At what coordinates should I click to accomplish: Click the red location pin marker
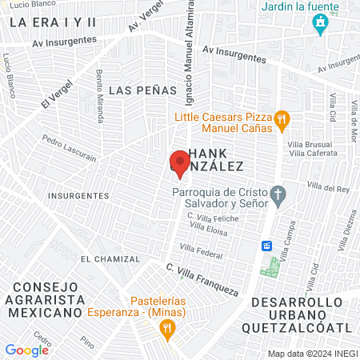coord(178,163)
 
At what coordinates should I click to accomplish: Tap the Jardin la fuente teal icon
coord(321,24)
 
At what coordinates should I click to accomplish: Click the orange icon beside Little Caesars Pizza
coord(281,120)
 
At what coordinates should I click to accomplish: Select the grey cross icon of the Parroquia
coord(278,194)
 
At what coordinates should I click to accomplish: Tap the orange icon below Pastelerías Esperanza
coord(166,326)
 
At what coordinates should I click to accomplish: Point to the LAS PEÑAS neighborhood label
coord(142,90)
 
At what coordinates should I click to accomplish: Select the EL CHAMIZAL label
coord(110,259)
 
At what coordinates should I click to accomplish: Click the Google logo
coord(26,350)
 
